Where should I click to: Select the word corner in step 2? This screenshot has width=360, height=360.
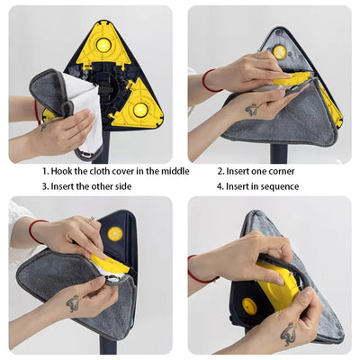[x=277, y=171]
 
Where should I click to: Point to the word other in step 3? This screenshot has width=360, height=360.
[x=105, y=187]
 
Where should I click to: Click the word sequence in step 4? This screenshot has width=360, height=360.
[x=275, y=187]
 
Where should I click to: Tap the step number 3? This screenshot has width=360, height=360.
[x=45, y=187]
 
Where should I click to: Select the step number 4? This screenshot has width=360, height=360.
[x=220, y=187]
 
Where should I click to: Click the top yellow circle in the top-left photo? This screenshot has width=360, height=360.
[x=103, y=44]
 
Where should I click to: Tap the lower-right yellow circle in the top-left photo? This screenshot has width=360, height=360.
[x=140, y=110]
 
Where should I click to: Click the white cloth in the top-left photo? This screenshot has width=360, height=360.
[x=82, y=108]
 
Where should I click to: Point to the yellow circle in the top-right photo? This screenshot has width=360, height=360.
[x=280, y=52]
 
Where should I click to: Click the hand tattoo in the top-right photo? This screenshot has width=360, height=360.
[x=251, y=111]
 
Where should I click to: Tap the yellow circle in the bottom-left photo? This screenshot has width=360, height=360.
[x=114, y=233]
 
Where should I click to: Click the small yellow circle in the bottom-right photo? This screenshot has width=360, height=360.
[x=249, y=306]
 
